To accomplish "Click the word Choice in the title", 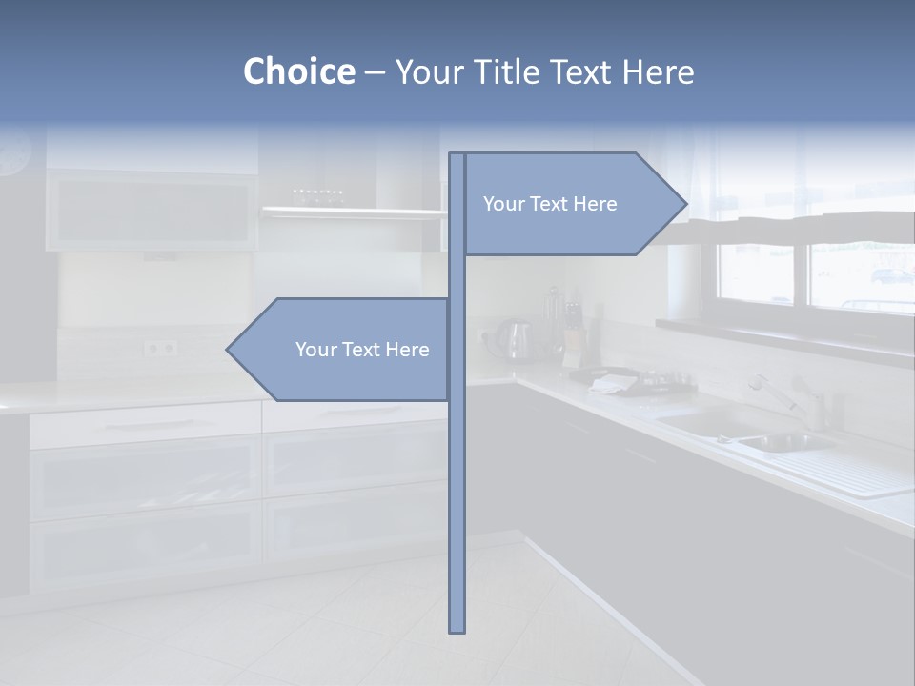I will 298,71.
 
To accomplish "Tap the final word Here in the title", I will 658,71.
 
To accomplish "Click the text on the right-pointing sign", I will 550,204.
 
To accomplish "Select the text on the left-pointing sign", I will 362,350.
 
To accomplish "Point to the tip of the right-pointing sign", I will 685,204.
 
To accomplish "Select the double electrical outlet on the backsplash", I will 160,349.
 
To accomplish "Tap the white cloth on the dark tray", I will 612,383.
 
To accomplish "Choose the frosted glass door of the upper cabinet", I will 152,212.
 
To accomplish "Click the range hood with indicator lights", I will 353,211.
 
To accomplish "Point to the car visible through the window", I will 891,276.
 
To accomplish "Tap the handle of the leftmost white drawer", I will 143,423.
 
